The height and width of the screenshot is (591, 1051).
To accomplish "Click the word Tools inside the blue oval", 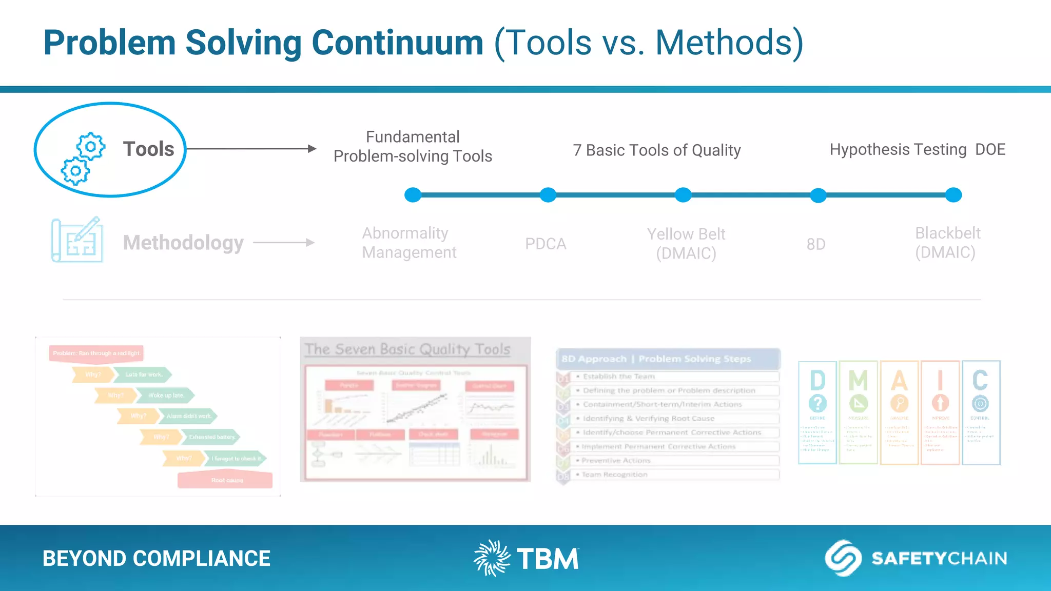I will (148, 149).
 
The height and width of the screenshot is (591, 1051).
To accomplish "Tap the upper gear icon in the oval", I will (91, 147).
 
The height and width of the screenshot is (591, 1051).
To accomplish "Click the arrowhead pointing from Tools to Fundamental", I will (312, 149).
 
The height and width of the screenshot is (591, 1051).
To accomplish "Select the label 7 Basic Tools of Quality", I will (656, 150).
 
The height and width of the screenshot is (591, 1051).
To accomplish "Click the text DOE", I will (990, 149).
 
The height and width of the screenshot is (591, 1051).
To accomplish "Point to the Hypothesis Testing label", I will (898, 149).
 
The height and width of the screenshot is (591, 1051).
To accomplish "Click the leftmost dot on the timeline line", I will (413, 195).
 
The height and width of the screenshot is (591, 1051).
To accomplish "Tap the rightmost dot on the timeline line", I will (953, 195).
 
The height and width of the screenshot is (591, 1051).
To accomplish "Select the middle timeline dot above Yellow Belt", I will (683, 195).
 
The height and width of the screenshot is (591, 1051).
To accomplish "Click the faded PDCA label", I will (546, 244).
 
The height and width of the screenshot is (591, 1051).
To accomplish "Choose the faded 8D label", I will (816, 244).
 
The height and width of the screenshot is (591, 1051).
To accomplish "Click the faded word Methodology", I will (183, 243).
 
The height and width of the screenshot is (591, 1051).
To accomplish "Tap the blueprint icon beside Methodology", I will (77, 240).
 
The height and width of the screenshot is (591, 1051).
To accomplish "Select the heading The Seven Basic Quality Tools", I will (407, 349).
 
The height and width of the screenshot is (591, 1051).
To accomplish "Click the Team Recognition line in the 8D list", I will (614, 475).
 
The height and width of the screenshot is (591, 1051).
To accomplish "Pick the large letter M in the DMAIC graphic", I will (858, 381).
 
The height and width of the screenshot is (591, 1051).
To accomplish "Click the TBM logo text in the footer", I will (548, 559).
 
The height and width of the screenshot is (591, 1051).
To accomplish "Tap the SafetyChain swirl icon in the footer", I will (843, 558).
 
